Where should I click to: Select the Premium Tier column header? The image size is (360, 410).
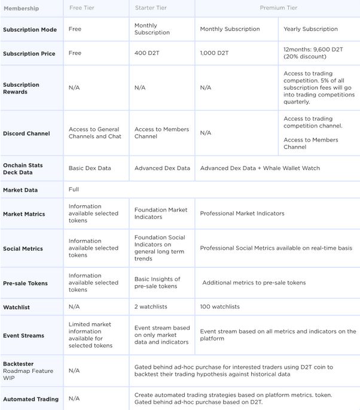tap(278, 8)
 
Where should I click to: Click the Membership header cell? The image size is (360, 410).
tap(21, 8)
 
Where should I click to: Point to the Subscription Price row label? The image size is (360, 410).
tap(29, 53)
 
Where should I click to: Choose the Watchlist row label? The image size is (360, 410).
tap(17, 306)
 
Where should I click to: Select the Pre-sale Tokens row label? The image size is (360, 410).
tap(25, 283)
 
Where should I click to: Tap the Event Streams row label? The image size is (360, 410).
tap(23, 336)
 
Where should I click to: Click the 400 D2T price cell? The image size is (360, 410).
tap(146, 53)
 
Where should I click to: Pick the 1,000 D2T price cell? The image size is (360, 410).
tap(215, 53)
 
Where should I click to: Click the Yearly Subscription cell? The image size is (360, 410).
tap(310, 29)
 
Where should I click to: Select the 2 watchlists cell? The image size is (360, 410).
tap(151, 306)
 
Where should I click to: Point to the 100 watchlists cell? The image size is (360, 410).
tap(219, 306)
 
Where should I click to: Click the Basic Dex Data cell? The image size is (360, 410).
tap(90, 168)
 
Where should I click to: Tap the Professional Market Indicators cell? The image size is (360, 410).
tap(242, 213)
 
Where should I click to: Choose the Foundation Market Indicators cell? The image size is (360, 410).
tap(160, 213)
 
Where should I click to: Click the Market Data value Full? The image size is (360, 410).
tap(74, 190)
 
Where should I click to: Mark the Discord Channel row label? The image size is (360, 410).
tap(26, 133)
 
